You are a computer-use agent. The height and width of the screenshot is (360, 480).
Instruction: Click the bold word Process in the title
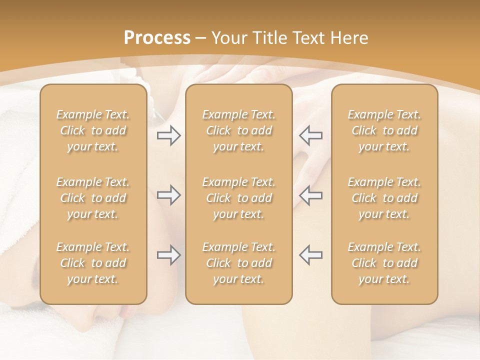click(x=157, y=38)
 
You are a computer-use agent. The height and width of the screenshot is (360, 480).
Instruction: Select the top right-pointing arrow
click(x=169, y=135)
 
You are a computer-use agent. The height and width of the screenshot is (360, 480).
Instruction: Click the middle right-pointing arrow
click(x=169, y=195)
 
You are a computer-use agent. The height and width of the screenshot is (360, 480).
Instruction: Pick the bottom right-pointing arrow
click(x=169, y=255)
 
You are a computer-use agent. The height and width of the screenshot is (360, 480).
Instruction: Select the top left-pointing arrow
click(x=310, y=135)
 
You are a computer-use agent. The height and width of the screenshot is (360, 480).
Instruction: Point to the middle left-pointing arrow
click(x=310, y=195)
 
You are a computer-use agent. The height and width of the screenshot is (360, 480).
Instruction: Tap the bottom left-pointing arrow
click(x=310, y=255)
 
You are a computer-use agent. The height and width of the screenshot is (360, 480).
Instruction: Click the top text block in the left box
click(x=93, y=130)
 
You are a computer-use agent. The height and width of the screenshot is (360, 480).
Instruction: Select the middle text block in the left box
click(x=93, y=198)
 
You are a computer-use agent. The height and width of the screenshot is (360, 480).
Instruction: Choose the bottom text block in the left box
click(x=93, y=263)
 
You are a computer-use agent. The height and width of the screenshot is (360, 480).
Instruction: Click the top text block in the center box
click(x=238, y=130)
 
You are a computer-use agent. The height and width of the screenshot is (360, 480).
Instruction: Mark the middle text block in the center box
click(x=238, y=198)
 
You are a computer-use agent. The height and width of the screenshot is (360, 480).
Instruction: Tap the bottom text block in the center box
click(x=238, y=263)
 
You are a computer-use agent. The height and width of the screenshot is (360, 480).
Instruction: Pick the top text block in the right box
click(x=384, y=130)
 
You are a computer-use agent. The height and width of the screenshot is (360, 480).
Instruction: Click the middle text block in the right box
click(x=384, y=198)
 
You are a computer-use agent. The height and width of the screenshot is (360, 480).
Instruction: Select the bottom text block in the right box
click(x=384, y=263)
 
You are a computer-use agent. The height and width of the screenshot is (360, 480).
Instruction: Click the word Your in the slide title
click(x=229, y=38)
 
